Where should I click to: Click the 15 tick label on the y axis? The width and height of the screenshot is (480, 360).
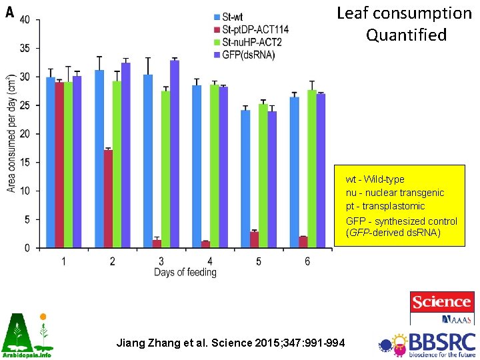(x=24, y=163)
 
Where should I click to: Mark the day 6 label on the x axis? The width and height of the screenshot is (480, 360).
(x=307, y=261)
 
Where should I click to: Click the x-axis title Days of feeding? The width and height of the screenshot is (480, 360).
(x=185, y=272)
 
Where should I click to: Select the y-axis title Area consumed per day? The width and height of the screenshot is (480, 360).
(x=11, y=134)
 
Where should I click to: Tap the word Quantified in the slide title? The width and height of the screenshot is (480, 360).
(x=406, y=35)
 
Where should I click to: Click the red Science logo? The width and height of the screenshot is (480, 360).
(x=441, y=303)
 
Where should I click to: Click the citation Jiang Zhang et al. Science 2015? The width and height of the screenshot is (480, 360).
(x=231, y=343)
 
